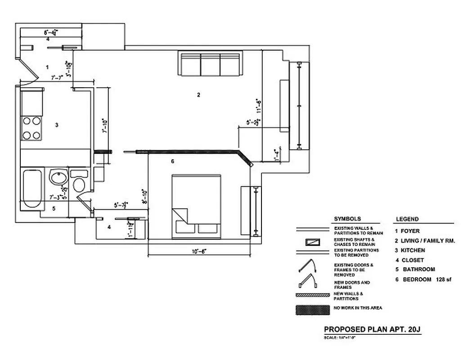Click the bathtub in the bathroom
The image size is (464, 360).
coord(32,188)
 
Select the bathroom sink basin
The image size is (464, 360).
coord(58,177)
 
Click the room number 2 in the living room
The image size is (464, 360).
coord(198,94)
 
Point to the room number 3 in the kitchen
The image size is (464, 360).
coord(56,125)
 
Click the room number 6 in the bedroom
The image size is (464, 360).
coord(172,161)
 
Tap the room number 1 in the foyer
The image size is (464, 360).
coord(47,67)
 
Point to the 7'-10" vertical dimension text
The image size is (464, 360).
coord(104,126)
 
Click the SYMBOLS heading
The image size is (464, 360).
coord(347,219)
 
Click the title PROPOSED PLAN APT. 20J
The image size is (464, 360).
coord(372,329)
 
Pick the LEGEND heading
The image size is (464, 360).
coord(407,219)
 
